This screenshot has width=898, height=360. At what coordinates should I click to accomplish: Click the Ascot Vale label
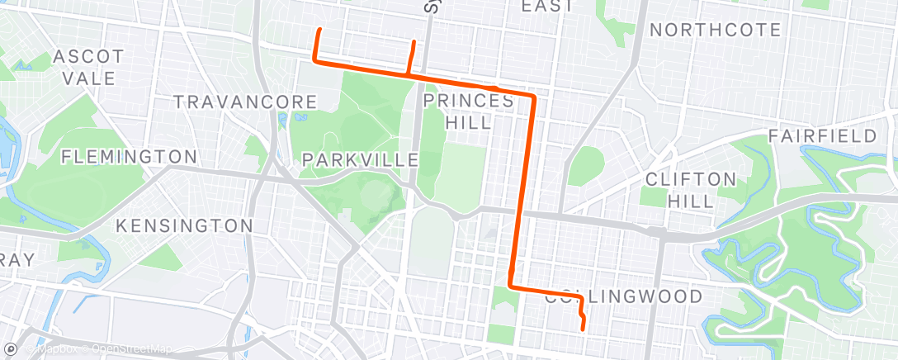(x=88, y=68)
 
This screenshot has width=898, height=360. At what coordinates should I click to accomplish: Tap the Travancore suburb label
(x=245, y=102)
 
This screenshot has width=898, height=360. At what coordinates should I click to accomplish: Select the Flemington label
(x=129, y=156)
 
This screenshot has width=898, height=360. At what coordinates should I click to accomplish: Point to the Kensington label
(x=184, y=225)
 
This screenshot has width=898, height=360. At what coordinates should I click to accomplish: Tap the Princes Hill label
(x=468, y=111)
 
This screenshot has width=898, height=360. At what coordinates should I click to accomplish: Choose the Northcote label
(x=715, y=31)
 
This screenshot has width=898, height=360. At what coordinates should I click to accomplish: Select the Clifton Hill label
(x=691, y=189)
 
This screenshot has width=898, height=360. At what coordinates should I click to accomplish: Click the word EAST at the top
(x=546, y=7)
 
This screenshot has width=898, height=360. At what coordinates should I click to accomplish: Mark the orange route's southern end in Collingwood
(x=584, y=329)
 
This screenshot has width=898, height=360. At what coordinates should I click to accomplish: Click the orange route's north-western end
(x=319, y=30)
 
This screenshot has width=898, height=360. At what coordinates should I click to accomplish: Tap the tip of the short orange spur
(x=414, y=41)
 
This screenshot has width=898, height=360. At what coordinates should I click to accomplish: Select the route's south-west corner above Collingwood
(x=512, y=287)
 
